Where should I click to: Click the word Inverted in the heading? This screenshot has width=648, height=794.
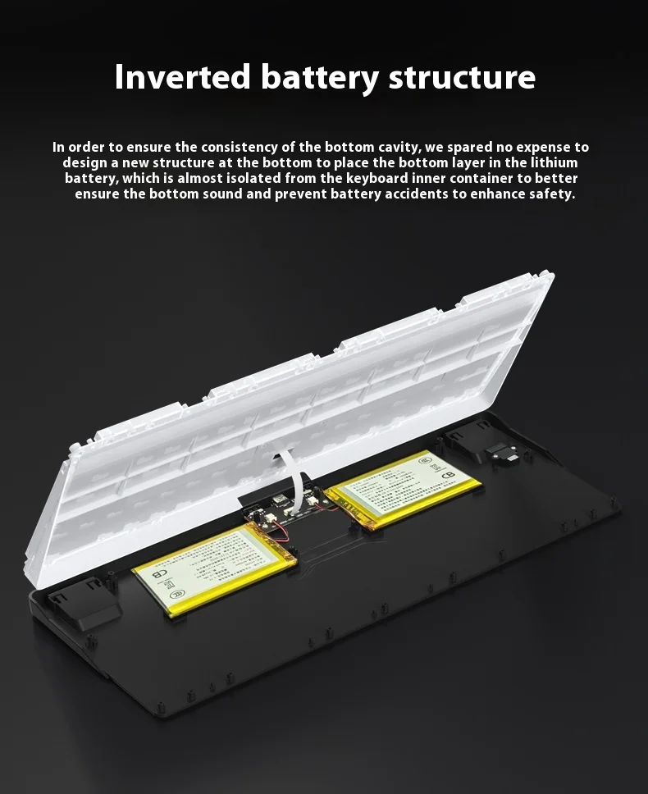(x=182, y=77)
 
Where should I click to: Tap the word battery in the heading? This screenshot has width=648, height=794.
(x=319, y=77)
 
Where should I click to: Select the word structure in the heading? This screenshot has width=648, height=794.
(x=462, y=77)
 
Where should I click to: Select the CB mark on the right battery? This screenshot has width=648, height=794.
(x=448, y=474)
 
